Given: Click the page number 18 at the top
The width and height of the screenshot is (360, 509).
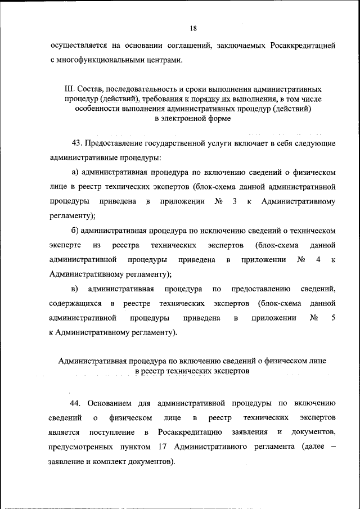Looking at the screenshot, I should [193, 28].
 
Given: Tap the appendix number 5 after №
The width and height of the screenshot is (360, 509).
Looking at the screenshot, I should [333, 318].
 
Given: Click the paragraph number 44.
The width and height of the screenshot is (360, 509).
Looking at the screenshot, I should [76, 403].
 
